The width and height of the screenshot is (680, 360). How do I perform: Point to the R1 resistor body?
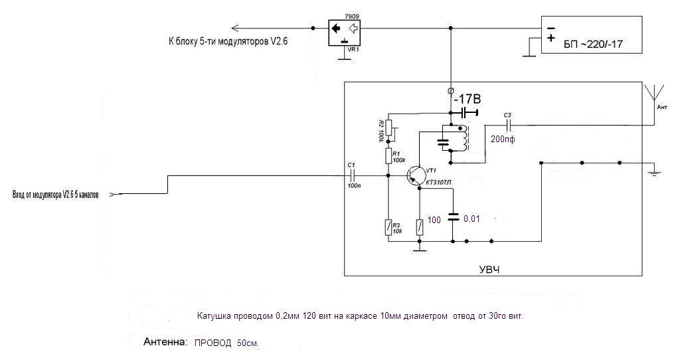coord(388,155)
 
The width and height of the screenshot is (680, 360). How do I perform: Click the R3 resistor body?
coord(388,227)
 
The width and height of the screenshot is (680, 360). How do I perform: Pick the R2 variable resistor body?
coord(388,128)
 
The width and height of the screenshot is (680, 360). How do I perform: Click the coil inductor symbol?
coord(465,137)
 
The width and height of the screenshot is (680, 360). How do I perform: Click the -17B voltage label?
coord(467,100)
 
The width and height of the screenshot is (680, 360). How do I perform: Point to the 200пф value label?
coord(503,139)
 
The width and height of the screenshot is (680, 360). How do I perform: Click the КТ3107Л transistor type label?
coord(438,183)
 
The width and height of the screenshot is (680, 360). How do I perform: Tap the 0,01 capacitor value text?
coord(472,219)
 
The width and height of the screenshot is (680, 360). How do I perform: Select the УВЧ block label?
coord(490,270)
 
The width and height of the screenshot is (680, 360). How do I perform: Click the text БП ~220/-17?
coord(593,45)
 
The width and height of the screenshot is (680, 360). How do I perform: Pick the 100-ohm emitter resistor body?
coord(420,227)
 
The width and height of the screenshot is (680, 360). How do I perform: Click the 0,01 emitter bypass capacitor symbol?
coord(453,217)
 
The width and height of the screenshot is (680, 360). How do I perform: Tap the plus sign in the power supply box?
coord(551,38)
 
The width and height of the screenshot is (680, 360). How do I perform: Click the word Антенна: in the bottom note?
coord(165,342)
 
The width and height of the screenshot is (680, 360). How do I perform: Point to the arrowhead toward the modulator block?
coord(236,28)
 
